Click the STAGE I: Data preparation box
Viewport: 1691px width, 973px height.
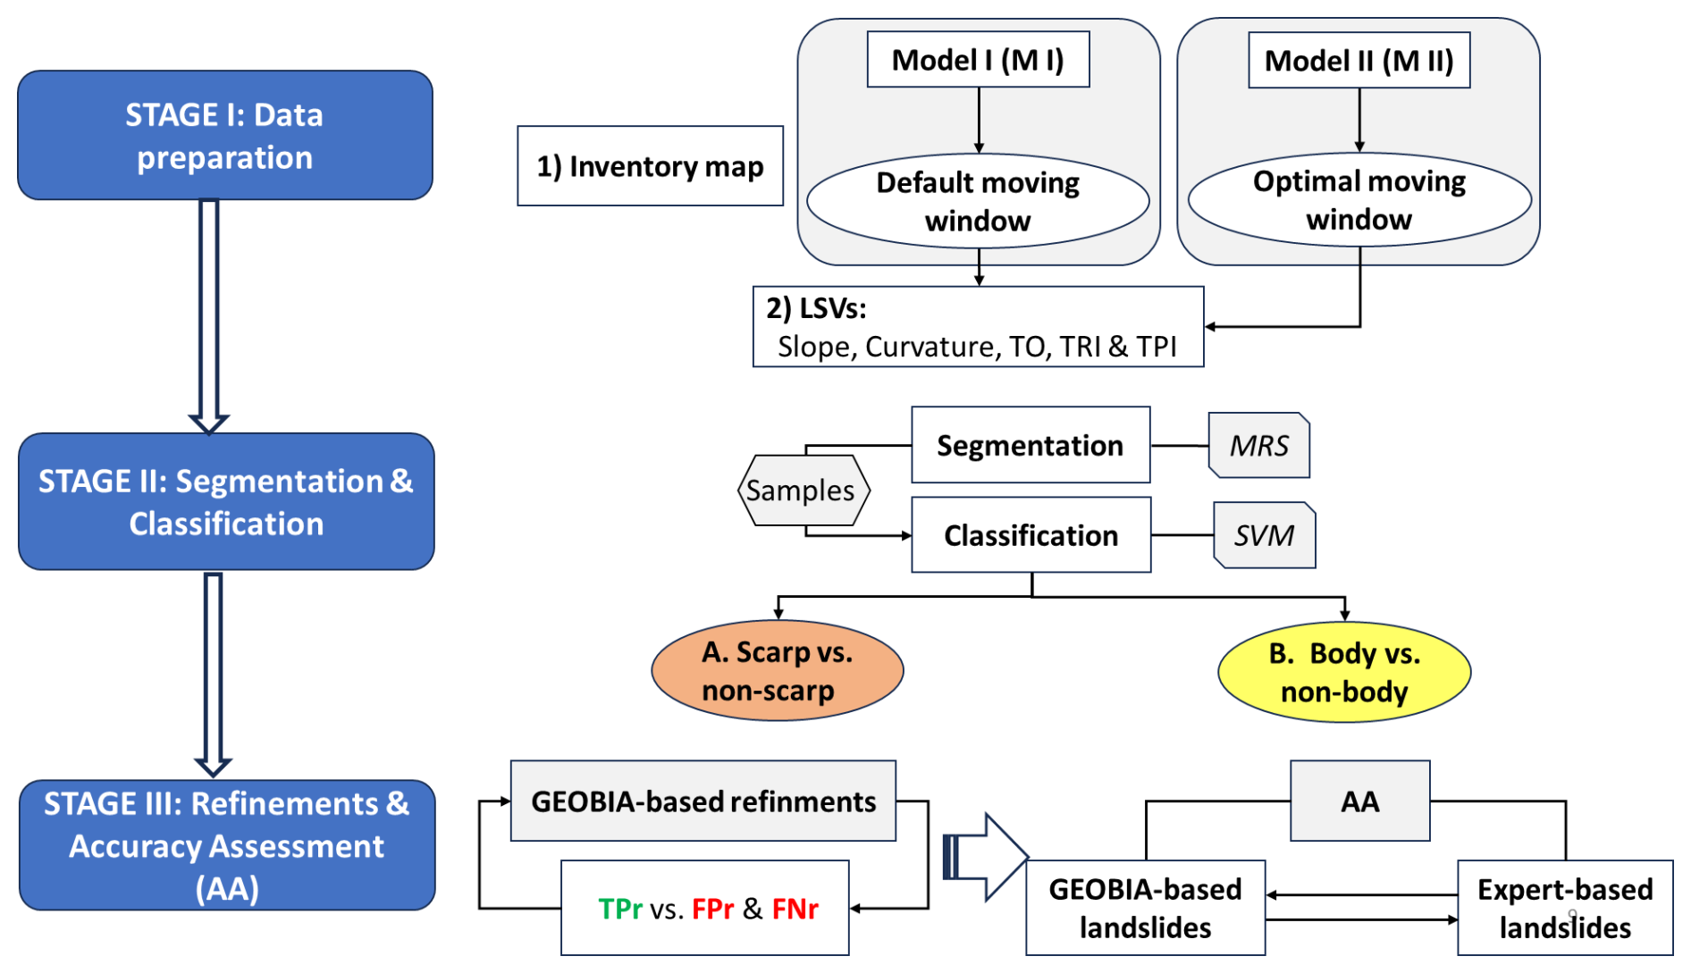point(225,135)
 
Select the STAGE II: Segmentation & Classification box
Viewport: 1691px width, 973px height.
point(226,501)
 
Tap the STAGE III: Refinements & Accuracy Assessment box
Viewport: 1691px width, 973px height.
point(227,845)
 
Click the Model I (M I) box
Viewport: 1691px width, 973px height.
point(978,60)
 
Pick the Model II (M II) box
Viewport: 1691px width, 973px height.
point(1359,60)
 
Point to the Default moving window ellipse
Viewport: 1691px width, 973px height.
point(978,201)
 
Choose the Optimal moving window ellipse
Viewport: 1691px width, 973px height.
point(1359,200)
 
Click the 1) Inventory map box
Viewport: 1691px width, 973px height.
point(650,166)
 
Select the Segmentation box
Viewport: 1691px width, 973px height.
point(1031,445)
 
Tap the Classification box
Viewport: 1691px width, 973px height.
point(1031,535)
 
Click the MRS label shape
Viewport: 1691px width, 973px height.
point(1258,445)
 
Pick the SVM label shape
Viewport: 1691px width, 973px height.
point(1264,535)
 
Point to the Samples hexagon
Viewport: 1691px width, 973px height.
point(802,491)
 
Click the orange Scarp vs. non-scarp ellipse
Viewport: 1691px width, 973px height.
point(777,671)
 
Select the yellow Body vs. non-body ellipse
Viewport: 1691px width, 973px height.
point(1344,672)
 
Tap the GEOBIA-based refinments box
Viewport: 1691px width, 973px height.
point(702,801)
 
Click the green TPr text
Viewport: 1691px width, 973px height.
point(620,909)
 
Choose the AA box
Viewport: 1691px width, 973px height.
point(1359,801)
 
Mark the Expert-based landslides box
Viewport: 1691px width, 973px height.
point(1565,908)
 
